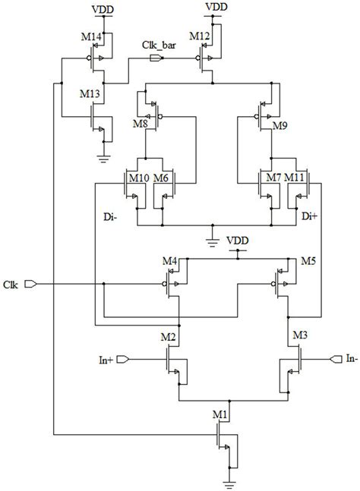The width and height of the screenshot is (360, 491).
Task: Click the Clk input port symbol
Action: [30, 285]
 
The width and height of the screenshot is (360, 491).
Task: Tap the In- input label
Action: [351, 357]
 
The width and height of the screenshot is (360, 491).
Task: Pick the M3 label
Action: [300, 336]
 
